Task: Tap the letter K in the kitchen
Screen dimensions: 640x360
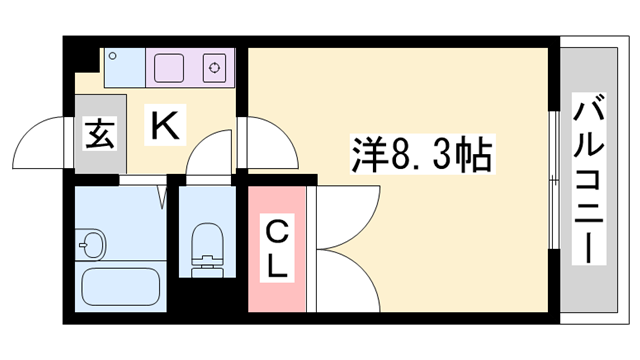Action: [165, 126]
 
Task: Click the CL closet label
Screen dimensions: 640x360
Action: [276, 250]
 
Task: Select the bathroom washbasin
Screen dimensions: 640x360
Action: [93, 243]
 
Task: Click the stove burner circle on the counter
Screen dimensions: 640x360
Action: [214, 68]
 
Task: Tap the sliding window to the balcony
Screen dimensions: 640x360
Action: [553, 180]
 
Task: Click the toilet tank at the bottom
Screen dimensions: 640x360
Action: [207, 267]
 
